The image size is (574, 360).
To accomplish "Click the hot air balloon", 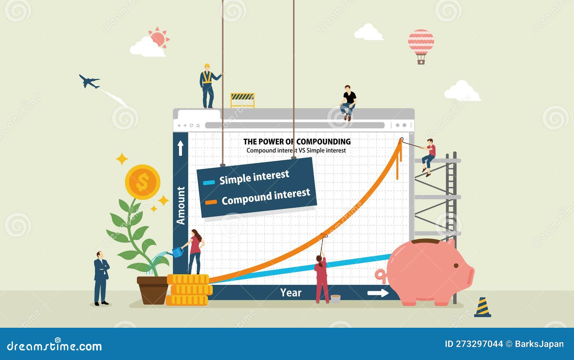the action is click(x=421, y=46).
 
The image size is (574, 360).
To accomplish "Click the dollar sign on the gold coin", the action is click(x=142, y=182).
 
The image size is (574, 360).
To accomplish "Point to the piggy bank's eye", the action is click(x=456, y=266).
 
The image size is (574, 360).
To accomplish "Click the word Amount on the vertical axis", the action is click(x=181, y=205).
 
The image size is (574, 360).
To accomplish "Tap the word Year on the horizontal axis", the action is click(x=291, y=293).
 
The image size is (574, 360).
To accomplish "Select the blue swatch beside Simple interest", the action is click(x=208, y=183).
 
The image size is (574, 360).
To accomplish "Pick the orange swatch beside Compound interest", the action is click(x=211, y=202).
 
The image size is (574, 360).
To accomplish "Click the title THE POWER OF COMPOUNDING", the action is click(x=297, y=142).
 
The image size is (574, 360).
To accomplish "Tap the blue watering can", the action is click(x=177, y=252).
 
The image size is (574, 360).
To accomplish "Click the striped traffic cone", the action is click(x=483, y=307).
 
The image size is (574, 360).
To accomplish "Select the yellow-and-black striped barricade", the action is click(x=242, y=100).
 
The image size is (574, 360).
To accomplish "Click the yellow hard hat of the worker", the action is click(x=207, y=66).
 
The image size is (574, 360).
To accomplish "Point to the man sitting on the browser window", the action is click(x=348, y=103).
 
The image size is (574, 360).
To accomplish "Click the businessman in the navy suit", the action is click(x=101, y=278).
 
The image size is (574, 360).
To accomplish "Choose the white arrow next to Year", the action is click(x=378, y=293).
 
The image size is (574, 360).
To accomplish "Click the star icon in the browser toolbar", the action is click(x=397, y=125).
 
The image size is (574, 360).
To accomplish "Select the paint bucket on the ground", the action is click(x=335, y=299).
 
